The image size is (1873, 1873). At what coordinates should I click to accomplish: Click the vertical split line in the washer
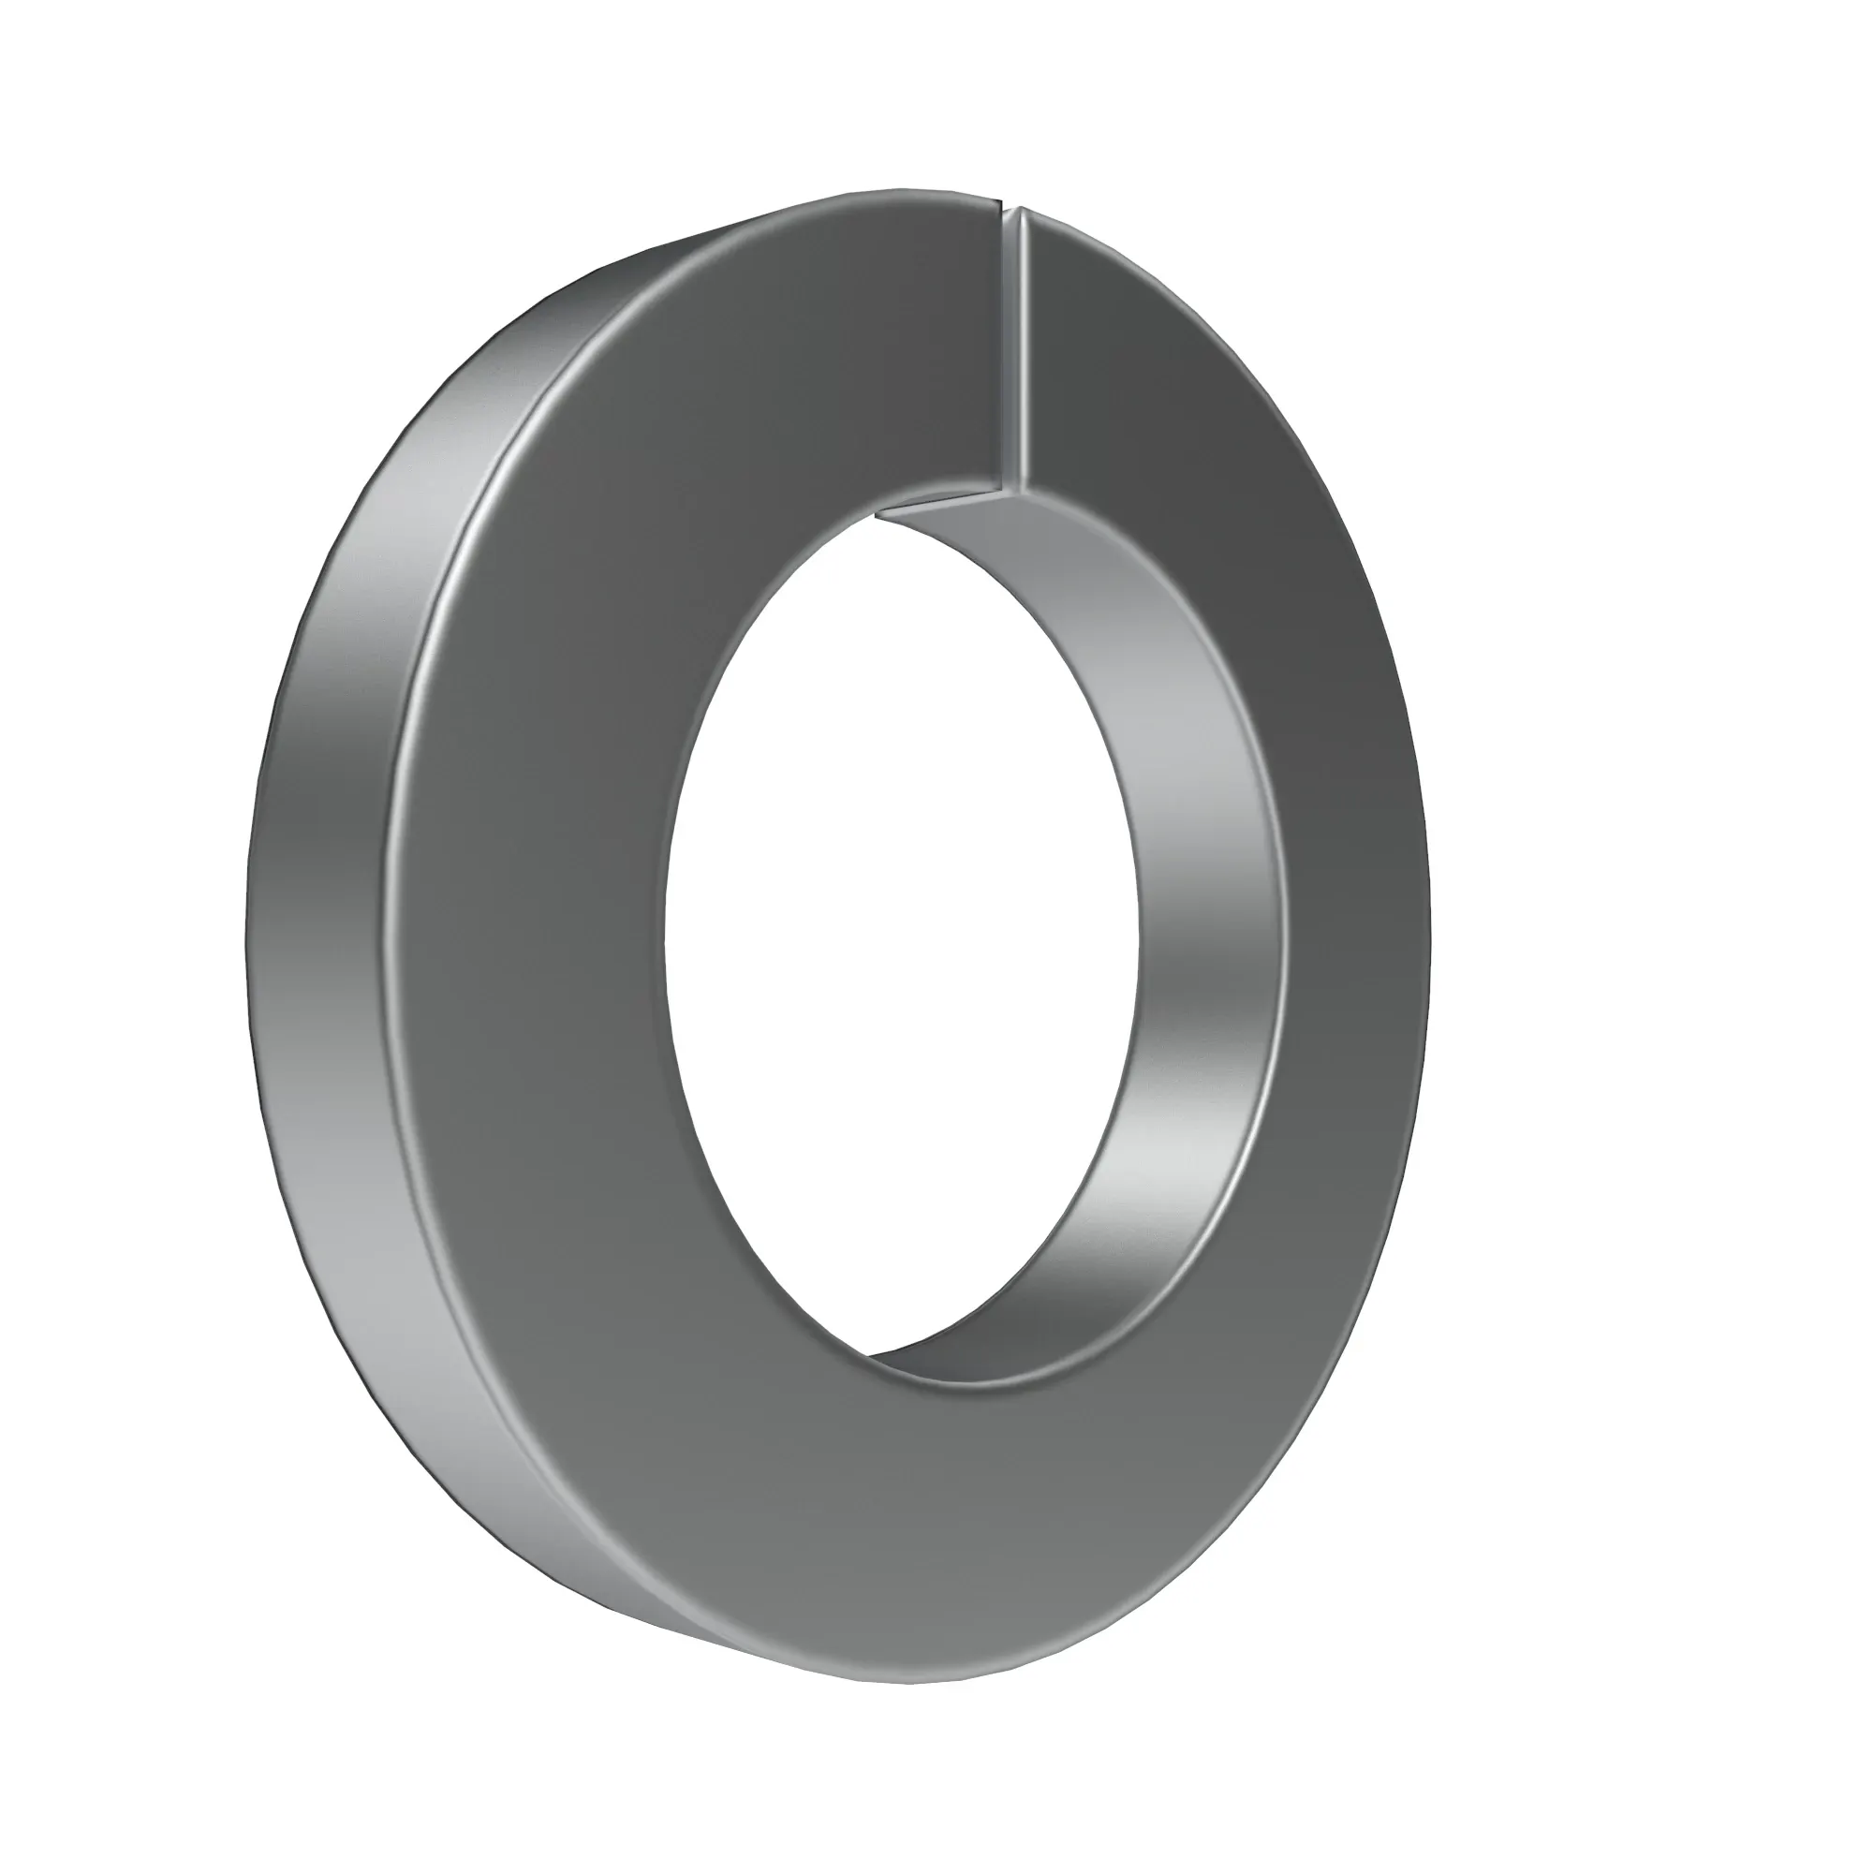coord(1015,349)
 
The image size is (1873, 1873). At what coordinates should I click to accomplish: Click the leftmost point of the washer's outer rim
coord(243,931)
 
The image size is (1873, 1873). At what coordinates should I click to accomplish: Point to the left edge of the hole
coord(665,950)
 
